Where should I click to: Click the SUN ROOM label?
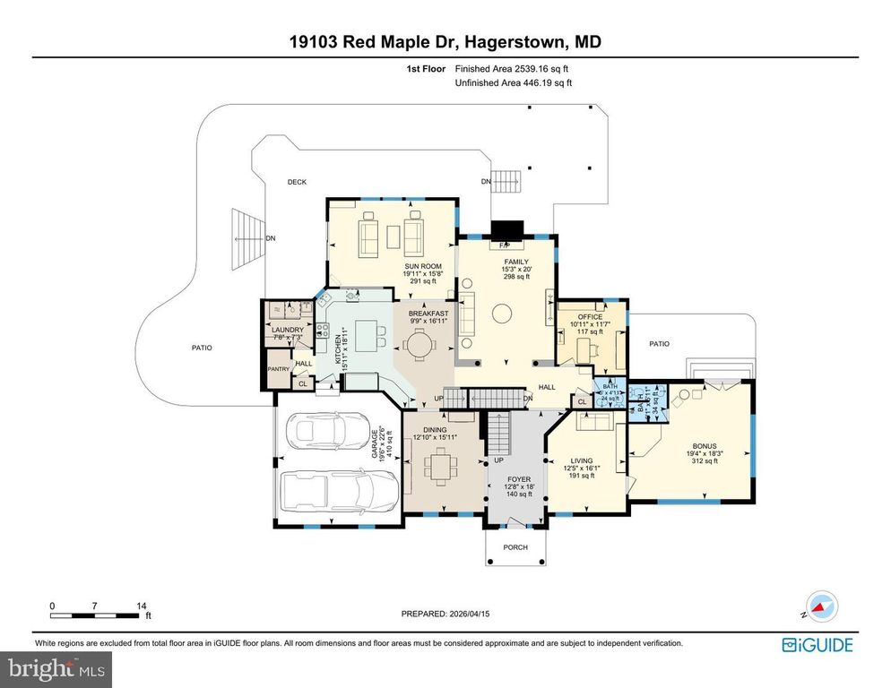click(x=415, y=267)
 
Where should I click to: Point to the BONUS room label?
click(x=705, y=445)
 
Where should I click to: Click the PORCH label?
click(x=515, y=547)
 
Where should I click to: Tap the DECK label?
click(x=297, y=182)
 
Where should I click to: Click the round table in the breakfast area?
click(x=420, y=341)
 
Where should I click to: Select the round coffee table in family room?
click(x=503, y=313)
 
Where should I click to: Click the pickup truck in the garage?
click(x=326, y=490)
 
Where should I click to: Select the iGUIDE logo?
click(x=817, y=644)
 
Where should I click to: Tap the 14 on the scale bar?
click(x=142, y=605)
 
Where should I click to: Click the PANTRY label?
click(x=278, y=369)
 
